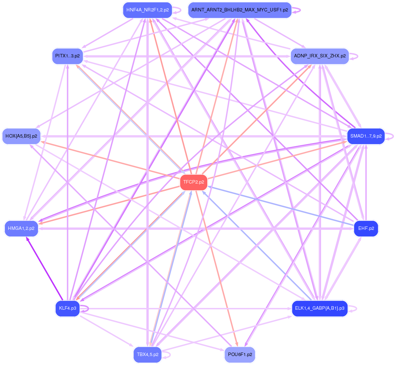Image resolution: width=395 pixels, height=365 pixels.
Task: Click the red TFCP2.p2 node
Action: [194, 182]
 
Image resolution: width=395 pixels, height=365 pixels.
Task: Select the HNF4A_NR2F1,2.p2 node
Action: [147, 10]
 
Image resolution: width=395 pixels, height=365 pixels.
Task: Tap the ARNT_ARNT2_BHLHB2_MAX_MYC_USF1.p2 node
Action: [239, 10]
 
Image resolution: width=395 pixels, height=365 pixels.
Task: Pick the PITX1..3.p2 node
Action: [67, 56]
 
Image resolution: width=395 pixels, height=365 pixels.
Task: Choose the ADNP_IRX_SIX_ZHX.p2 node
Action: [320, 56]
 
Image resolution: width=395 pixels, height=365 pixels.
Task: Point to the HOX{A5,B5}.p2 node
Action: [21, 136]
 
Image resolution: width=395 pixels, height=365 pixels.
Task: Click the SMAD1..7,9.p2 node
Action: [366, 136]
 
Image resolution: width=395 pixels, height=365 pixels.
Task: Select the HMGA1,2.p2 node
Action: [21, 228]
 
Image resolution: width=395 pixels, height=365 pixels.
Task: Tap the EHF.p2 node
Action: [366, 228]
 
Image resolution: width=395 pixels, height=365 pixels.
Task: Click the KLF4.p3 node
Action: [67, 308]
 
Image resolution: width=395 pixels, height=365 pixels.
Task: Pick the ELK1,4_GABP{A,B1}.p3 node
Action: [320, 308]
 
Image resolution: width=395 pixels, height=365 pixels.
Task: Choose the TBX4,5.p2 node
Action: [148, 354]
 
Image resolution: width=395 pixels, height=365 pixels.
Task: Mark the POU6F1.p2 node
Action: [239, 354]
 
